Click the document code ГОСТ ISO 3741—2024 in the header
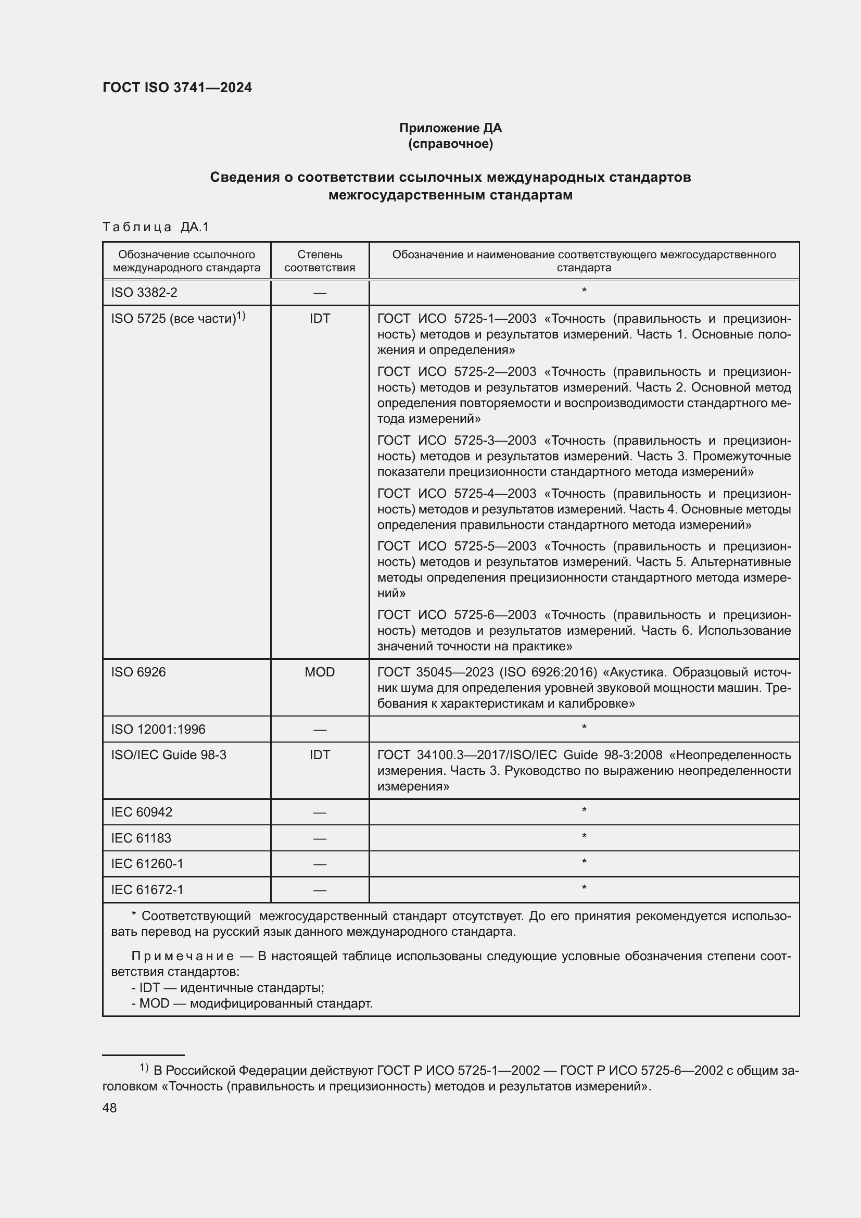coord(177,88)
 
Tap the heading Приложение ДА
coord(450,128)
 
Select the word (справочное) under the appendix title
coord(450,144)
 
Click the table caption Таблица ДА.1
coord(155,227)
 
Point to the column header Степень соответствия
coord(320,261)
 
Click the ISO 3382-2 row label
coord(144,292)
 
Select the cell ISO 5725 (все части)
coord(178,318)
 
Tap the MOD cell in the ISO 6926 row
coord(320,672)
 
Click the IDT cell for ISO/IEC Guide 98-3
coord(320,755)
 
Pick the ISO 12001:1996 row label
coord(158,730)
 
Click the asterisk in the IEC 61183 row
coord(584,837)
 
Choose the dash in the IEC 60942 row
coord(320,813)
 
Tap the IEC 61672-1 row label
coord(147,889)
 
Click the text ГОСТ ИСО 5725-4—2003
coord(457,493)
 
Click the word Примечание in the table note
coord(182,956)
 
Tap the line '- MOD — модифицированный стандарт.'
coord(252,1003)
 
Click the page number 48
coord(109,1108)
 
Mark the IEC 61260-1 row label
coord(147,863)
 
